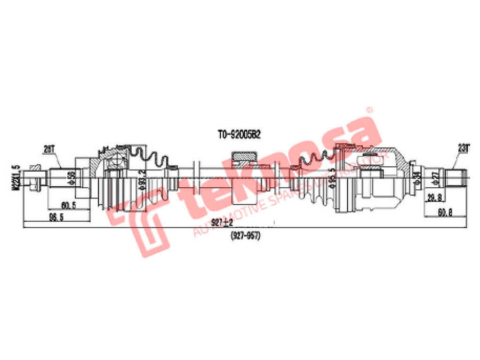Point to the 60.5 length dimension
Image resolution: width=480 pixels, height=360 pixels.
tap(67, 205)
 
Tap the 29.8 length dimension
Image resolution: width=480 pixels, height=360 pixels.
tap(434, 198)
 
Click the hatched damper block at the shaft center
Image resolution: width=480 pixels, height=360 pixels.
tap(244, 157)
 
